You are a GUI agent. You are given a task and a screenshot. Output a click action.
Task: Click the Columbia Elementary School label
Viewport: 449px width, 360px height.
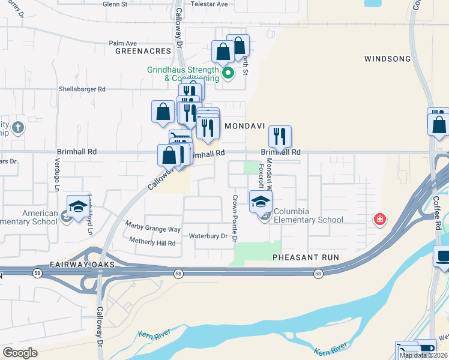click(x=300, y=216)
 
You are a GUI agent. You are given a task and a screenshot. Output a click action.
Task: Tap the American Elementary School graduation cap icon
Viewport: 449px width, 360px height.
click(x=77, y=206)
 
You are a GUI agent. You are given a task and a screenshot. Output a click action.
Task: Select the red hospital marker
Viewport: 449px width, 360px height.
click(x=379, y=220)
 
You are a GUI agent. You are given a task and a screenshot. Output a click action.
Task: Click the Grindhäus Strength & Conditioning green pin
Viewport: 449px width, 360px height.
click(x=228, y=74)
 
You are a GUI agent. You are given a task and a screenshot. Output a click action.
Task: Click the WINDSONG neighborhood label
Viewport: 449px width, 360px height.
click(x=387, y=59)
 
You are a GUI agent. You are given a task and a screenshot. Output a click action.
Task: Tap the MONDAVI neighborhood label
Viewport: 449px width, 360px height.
click(x=244, y=127)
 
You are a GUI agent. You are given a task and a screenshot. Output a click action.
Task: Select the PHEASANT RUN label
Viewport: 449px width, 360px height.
click(x=306, y=257)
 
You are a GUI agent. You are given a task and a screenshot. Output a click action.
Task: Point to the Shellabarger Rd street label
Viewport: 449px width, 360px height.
click(x=82, y=89)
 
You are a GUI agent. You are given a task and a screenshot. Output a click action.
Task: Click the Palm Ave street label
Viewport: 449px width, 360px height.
click(x=123, y=43)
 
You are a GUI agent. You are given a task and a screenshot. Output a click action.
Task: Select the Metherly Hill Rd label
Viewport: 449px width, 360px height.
click(x=152, y=243)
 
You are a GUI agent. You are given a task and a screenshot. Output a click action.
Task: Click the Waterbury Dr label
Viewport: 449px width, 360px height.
click(x=208, y=236)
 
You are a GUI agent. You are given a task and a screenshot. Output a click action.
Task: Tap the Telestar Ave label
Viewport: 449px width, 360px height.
click(x=209, y=4)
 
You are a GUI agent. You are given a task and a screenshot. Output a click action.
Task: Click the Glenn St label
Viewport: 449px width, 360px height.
click(x=115, y=4)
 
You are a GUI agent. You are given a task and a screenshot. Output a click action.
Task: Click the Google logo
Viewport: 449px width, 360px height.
click(x=20, y=353)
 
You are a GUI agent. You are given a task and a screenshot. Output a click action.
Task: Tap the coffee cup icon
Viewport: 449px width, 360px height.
click(x=442, y=256)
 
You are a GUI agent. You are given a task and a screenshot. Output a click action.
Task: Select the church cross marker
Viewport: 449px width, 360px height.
click(x=19, y=128)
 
